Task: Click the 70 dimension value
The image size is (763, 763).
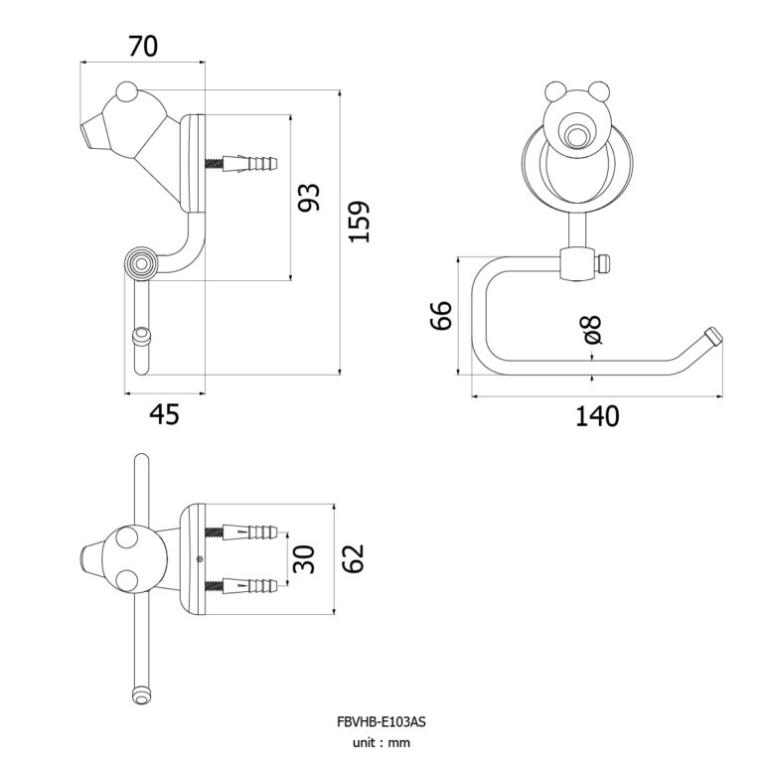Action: (x=144, y=45)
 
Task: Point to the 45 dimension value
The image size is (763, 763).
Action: (x=165, y=414)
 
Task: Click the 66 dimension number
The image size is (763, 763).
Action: (x=442, y=316)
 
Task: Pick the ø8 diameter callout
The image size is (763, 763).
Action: (x=593, y=331)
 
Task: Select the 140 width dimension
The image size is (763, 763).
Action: (x=596, y=415)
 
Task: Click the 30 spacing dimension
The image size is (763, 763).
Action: (x=305, y=559)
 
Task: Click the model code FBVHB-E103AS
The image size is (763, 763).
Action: (x=381, y=722)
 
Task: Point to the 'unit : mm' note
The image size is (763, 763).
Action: (x=381, y=742)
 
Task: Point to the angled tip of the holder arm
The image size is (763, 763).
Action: (x=711, y=337)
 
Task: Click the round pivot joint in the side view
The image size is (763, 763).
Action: (x=140, y=264)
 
